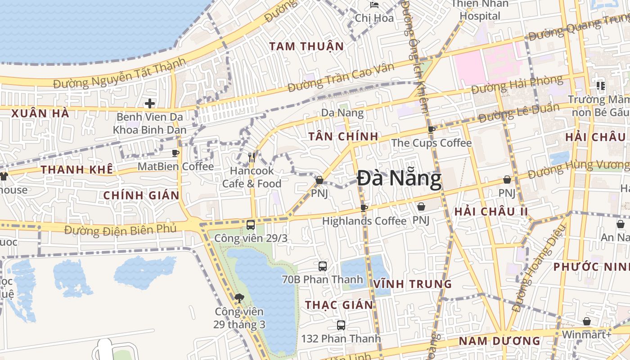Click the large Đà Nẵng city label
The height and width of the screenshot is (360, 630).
coord(399,179)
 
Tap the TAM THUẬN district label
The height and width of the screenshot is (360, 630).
coord(306,46)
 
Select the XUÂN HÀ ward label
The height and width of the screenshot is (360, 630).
coord(40,113)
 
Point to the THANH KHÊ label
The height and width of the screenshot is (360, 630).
coord(76,170)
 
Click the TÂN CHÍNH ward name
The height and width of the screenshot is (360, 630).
coord(343,136)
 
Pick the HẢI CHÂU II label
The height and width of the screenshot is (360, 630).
coord(490,211)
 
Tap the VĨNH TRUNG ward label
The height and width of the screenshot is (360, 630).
coord(412,284)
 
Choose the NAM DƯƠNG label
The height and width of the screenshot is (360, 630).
coord(499,341)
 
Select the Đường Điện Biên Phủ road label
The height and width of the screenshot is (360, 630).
coord(120,229)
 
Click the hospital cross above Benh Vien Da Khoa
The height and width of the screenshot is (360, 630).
coord(149,104)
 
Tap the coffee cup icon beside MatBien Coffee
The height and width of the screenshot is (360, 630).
coord(176,153)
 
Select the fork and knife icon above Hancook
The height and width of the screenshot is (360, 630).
coord(252,157)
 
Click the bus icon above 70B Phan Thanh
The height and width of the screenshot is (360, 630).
coord(323,266)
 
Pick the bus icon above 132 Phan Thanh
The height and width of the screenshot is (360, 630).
coord(341,325)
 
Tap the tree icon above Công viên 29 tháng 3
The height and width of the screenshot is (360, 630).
coord(239,297)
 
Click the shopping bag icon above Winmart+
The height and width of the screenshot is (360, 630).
coord(586,321)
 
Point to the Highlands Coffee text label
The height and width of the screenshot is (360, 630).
coord(364,221)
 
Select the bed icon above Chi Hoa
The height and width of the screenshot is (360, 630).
coord(374,5)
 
